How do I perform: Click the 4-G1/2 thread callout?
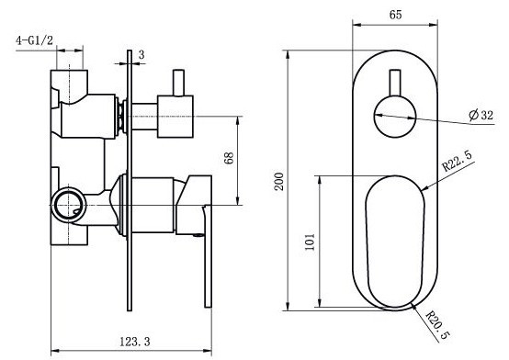pos(34,40)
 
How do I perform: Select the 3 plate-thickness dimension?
pos(141,55)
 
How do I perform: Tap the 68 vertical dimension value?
pos(229,158)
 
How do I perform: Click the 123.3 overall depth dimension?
pos(135,342)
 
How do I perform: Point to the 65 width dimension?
pos(395,15)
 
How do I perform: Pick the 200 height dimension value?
pos(279,182)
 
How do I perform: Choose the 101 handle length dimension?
pos(310,242)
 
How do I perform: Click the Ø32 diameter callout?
pos(481,115)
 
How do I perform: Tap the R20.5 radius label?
pos(438,324)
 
